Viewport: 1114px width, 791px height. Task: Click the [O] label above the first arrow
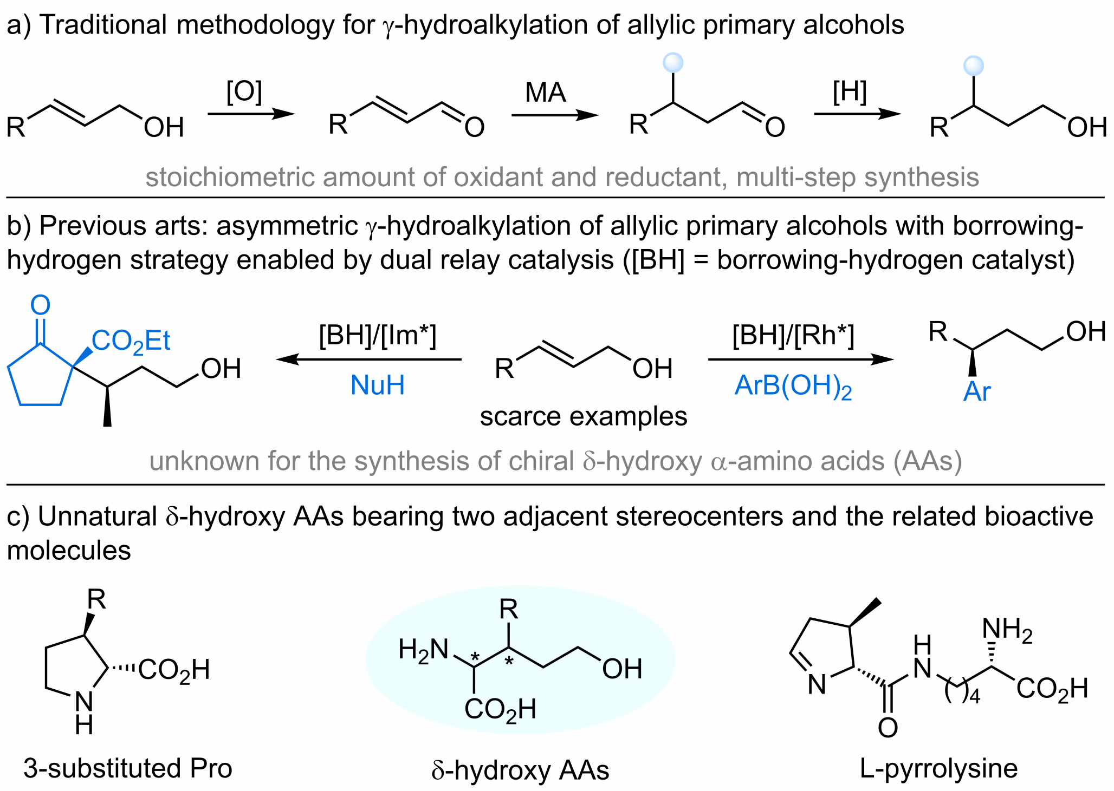[x=244, y=92]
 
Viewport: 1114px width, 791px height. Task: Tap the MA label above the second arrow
[x=545, y=93]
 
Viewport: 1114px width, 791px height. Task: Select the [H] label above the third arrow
[x=850, y=92]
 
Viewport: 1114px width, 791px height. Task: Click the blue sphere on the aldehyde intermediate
[x=673, y=62]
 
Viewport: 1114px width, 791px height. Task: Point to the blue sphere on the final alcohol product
[x=973, y=66]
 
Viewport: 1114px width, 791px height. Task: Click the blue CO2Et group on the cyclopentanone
[x=131, y=342]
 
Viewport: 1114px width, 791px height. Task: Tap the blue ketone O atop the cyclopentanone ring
[x=40, y=305]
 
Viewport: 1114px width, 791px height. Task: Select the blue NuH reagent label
[x=377, y=385]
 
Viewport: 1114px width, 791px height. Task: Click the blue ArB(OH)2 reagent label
[x=793, y=387]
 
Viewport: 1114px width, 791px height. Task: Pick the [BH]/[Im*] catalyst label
[x=377, y=335]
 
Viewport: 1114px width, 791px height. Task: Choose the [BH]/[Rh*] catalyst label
[x=793, y=335]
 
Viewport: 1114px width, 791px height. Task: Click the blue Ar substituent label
[x=976, y=391]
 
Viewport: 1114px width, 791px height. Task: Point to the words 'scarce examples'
[x=583, y=417]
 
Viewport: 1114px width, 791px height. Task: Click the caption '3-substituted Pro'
[x=128, y=768]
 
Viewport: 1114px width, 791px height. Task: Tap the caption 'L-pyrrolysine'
[x=938, y=768]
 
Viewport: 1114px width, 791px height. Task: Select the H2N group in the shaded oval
[x=423, y=650]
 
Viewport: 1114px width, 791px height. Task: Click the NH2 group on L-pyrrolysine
[x=1007, y=630]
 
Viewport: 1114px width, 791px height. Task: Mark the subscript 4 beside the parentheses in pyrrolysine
[x=974, y=696]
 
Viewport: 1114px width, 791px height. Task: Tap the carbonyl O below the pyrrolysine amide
[x=888, y=728]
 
